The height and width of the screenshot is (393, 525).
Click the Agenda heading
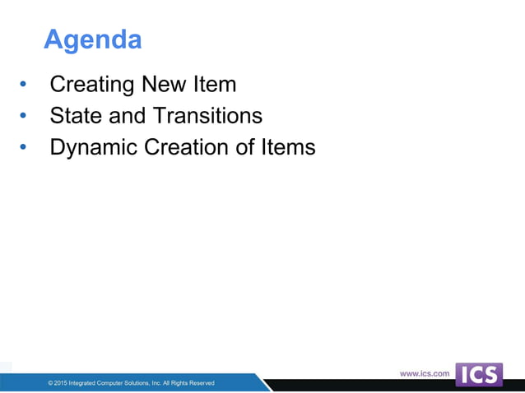(x=92, y=39)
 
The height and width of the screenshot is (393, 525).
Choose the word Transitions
(x=206, y=115)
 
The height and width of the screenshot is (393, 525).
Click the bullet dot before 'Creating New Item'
(x=23, y=85)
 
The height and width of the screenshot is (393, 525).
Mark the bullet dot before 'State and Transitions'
(x=23, y=116)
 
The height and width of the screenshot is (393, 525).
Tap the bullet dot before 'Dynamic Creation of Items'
(x=23, y=148)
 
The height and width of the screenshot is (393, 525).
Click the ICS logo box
(x=478, y=374)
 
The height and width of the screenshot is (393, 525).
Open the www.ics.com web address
(x=425, y=373)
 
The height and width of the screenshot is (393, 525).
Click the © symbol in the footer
(x=51, y=383)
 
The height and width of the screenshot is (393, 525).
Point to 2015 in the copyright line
(x=63, y=383)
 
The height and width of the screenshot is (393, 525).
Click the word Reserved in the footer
(x=200, y=383)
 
